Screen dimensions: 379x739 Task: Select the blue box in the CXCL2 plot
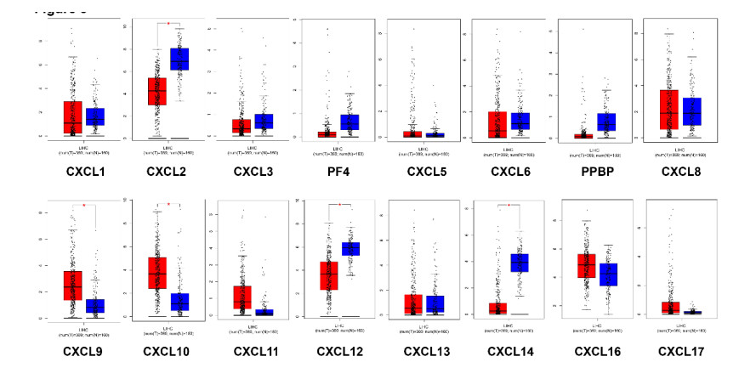(179, 59)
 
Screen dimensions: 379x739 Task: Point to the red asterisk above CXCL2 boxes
(168, 24)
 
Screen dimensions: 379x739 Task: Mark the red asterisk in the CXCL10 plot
(168, 205)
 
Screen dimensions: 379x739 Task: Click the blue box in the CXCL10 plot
(179, 302)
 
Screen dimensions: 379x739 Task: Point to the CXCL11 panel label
(249, 352)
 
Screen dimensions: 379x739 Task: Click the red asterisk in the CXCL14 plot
(509, 206)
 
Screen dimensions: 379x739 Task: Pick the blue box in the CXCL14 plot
(520, 263)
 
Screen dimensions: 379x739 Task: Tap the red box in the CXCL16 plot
(585, 265)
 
